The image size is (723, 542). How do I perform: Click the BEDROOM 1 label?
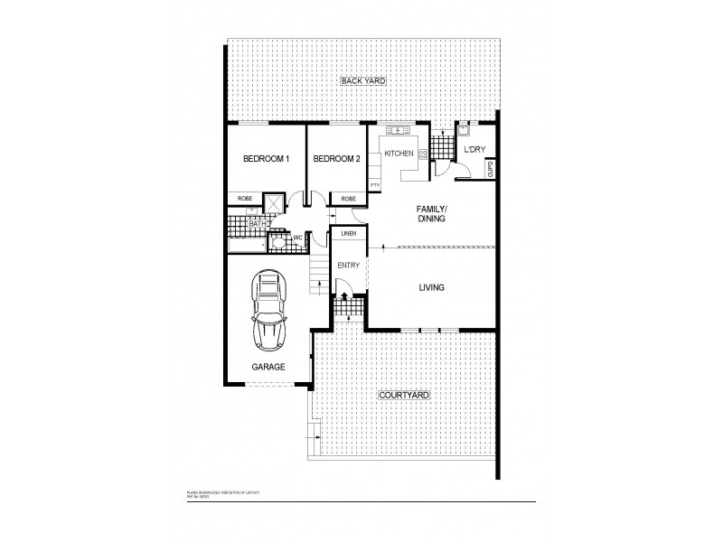coord(266,159)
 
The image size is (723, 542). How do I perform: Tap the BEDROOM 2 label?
coord(336,159)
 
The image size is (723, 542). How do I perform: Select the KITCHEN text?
coord(399,154)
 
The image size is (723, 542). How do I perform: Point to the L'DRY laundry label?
coord(475,150)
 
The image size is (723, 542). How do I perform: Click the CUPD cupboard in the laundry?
coord(491,168)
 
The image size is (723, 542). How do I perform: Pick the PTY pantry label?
coord(374,184)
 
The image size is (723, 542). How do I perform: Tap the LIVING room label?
coord(431,288)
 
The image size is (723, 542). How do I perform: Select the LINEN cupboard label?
coord(348,234)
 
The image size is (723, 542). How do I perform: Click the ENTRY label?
coord(348,266)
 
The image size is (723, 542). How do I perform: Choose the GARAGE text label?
coord(268,367)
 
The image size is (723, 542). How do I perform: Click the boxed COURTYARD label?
coord(403,396)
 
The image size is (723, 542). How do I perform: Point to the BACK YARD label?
coord(363,81)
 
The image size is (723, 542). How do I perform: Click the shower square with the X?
coord(273,202)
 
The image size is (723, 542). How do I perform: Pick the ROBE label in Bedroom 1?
coord(244,198)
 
